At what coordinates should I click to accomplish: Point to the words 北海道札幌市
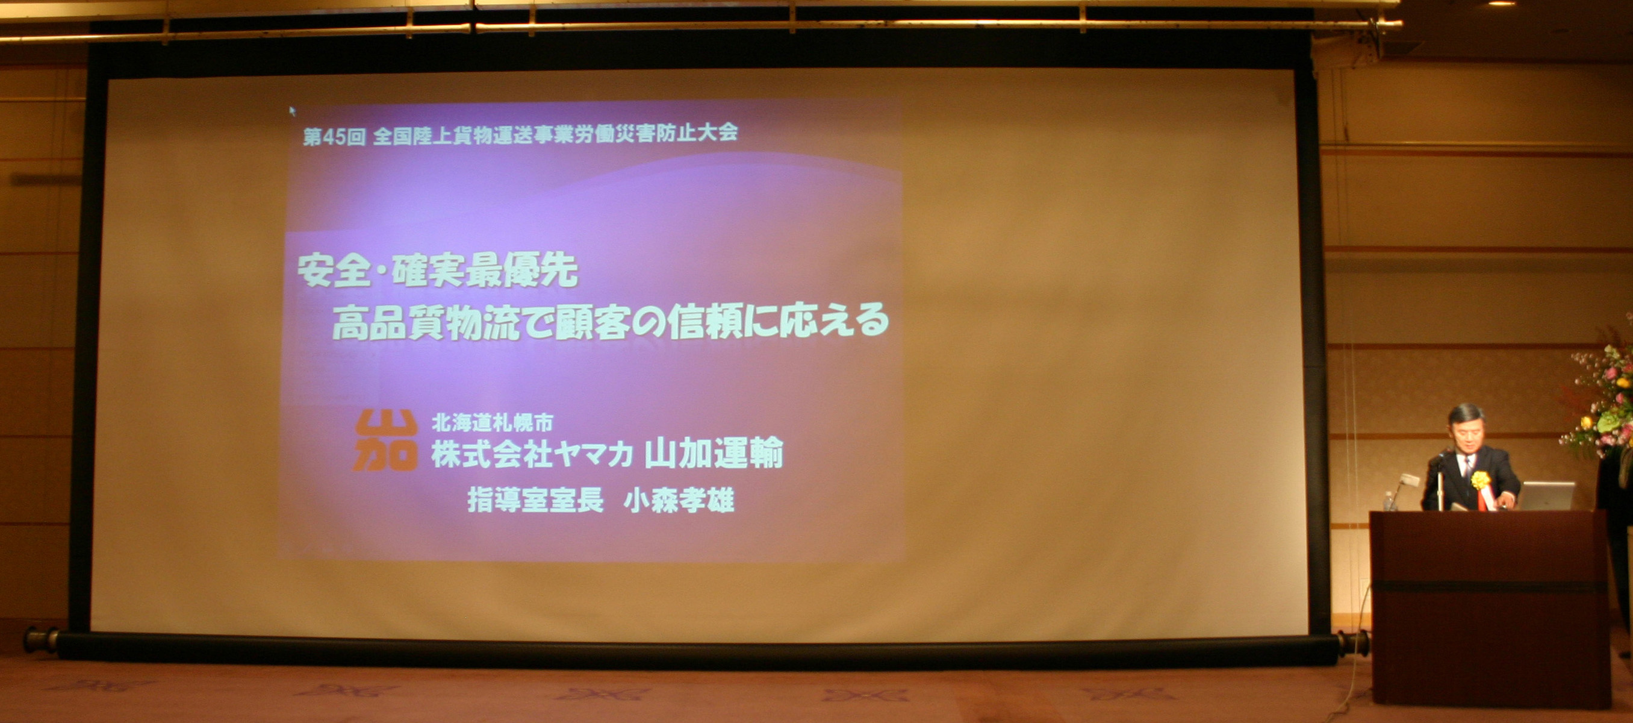click(492, 422)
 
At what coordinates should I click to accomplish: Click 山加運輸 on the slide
click(714, 453)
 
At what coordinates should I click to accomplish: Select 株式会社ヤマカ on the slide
click(532, 454)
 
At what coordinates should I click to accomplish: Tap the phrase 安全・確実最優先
click(437, 271)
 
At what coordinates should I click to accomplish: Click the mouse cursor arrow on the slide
click(292, 111)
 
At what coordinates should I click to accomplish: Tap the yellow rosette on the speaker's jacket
click(1480, 480)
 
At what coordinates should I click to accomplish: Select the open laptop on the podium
click(1546, 495)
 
